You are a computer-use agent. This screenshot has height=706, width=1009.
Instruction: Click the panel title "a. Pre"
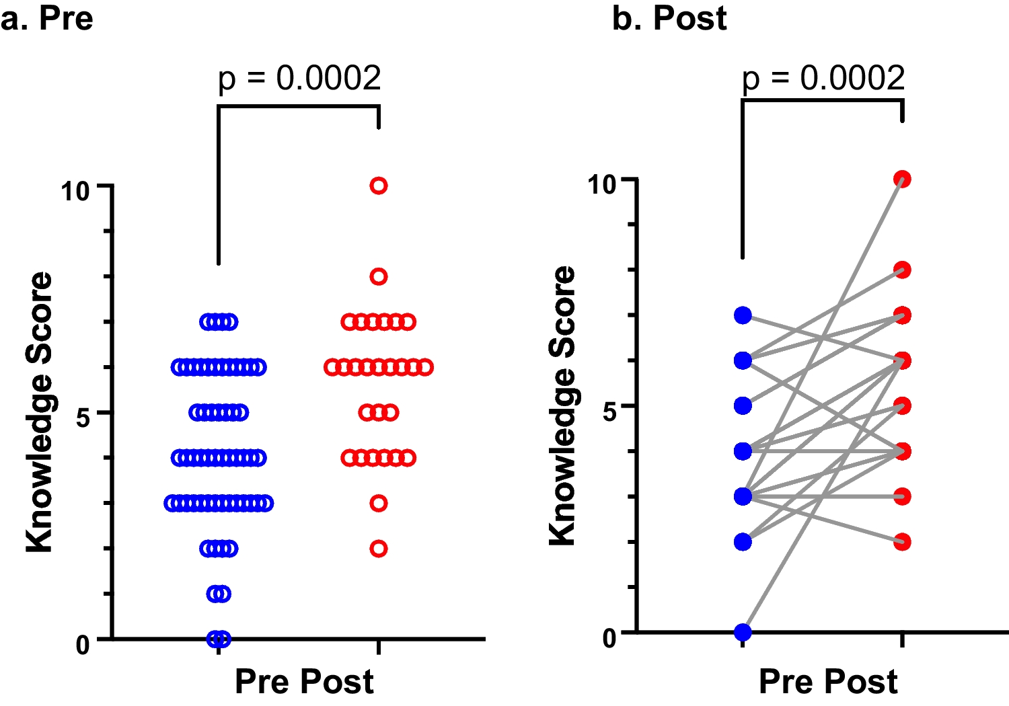pyautogui.click(x=46, y=18)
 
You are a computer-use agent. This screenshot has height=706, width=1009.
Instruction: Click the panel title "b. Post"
pyautogui.click(x=669, y=18)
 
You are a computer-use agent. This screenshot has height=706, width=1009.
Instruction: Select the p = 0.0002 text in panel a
pyautogui.click(x=299, y=78)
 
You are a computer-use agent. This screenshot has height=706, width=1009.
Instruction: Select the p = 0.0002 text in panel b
pyautogui.click(x=823, y=78)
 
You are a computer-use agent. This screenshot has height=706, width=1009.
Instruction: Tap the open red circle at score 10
pyautogui.click(x=379, y=186)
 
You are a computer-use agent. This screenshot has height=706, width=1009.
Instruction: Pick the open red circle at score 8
pyautogui.click(x=379, y=276)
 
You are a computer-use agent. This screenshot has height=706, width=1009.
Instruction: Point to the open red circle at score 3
pyautogui.click(x=379, y=503)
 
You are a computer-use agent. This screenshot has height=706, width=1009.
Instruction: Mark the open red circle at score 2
pyautogui.click(x=379, y=549)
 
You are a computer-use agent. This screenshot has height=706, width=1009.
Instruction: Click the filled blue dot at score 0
pyautogui.click(x=743, y=632)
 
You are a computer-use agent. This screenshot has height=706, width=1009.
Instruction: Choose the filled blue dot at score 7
pyautogui.click(x=743, y=315)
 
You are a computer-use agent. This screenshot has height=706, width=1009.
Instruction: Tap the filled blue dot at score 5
pyautogui.click(x=743, y=405)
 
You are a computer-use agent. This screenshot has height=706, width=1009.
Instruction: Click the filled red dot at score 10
pyautogui.click(x=902, y=179)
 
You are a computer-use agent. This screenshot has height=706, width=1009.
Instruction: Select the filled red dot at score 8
pyautogui.click(x=902, y=270)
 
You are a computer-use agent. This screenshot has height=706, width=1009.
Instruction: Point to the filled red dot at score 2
pyautogui.click(x=902, y=542)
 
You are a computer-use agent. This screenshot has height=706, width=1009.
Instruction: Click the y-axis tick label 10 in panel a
pyautogui.click(x=75, y=192)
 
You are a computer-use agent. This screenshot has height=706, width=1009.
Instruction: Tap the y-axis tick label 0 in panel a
pyautogui.click(x=82, y=645)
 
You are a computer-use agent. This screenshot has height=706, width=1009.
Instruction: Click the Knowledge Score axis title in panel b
pyautogui.click(x=562, y=405)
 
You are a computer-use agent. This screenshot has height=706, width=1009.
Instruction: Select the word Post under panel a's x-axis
pyautogui.click(x=339, y=681)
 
